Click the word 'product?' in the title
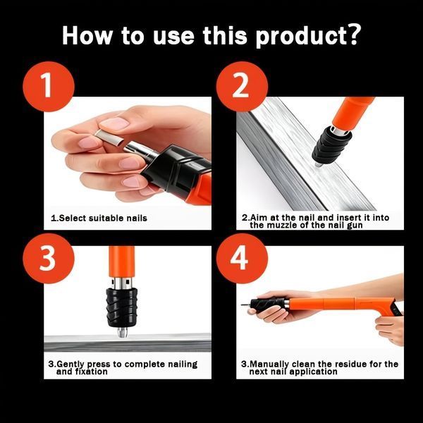(308, 36)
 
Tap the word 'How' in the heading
(87, 35)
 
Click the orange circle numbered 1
(49, 87)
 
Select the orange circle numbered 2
(242, 87)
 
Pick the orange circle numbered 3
(49, 259)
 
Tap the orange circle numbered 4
(242, 259)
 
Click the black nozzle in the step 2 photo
(332, 145)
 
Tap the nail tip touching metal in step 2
(318, 164)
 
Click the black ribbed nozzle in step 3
(122, 307)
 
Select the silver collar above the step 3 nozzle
(121, 283)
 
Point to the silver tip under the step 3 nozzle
(122, 332)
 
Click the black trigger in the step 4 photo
(397, 309)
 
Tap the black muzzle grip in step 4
(268, 305)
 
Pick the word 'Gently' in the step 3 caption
(70, 364)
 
